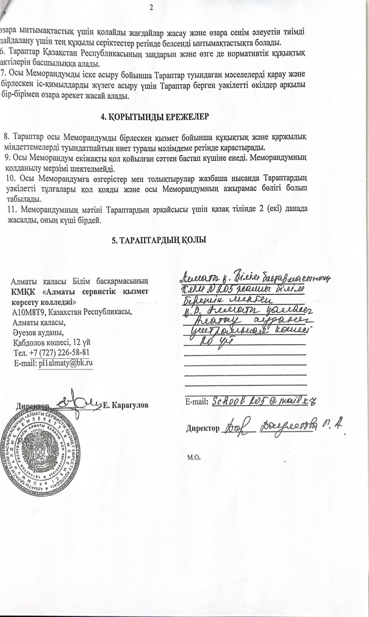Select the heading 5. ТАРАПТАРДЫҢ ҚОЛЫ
[x=159, y=240]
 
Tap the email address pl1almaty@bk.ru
[x=66, y=362]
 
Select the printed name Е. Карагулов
[x=126, y=405]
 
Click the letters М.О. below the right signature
[x=193, y=457]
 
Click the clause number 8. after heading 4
[x=6, y=137]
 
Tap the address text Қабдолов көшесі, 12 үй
[x=52, y=342]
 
